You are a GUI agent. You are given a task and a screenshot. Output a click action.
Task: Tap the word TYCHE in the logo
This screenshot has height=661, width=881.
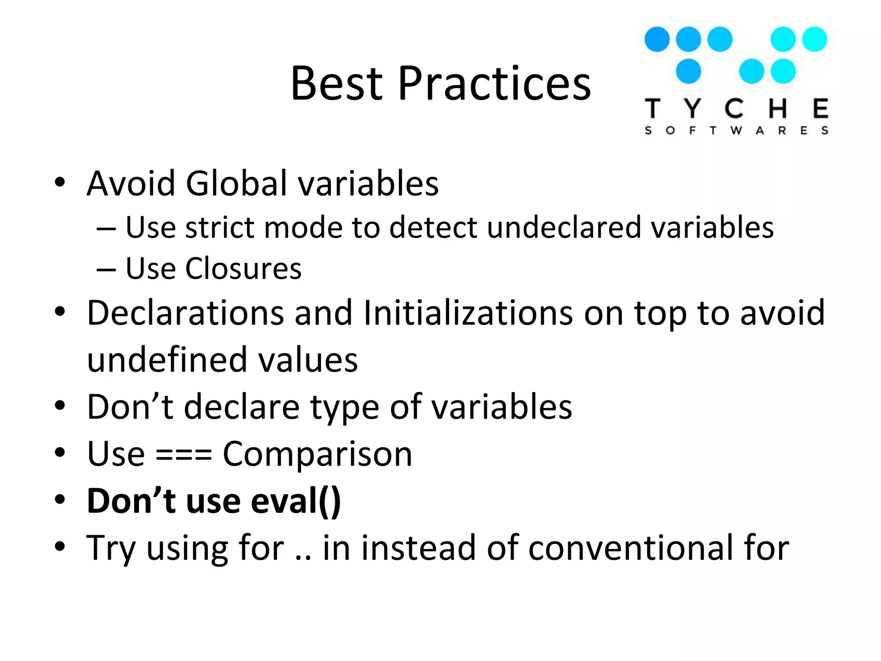click(736, 108)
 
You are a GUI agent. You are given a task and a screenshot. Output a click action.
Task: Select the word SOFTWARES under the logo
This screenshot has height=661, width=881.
click(736, 130)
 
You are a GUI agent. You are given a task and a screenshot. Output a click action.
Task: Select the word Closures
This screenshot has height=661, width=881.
click(243, 269)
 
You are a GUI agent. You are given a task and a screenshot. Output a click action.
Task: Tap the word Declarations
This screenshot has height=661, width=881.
click(185, 313)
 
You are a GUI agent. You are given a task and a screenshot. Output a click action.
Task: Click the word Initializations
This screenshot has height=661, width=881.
click(468, 313)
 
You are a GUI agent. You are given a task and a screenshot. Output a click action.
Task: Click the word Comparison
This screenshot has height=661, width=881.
click(317, 454)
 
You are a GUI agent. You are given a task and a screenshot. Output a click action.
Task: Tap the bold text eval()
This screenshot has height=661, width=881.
click(296, 501)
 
